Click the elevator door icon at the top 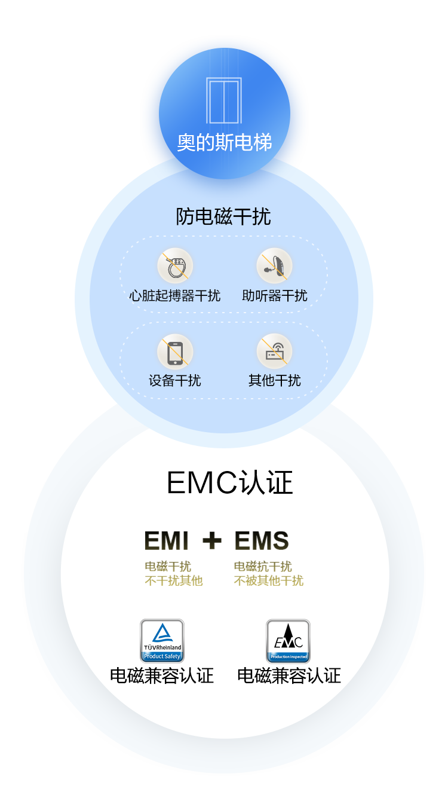224,100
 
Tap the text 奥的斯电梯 225,143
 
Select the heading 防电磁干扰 223,216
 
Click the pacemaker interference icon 175,267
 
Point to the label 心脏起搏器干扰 175,295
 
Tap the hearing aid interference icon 274,267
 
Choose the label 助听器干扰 275,295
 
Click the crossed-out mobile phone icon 175,351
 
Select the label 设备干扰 175,380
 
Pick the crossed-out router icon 274,351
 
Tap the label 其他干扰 275,380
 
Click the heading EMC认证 230,483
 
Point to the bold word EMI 167,541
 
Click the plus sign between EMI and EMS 211,541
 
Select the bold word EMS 262,541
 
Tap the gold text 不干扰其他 174,580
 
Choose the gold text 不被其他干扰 269,580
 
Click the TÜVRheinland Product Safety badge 162,641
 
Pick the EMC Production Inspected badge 288,641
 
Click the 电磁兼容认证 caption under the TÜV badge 162,675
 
